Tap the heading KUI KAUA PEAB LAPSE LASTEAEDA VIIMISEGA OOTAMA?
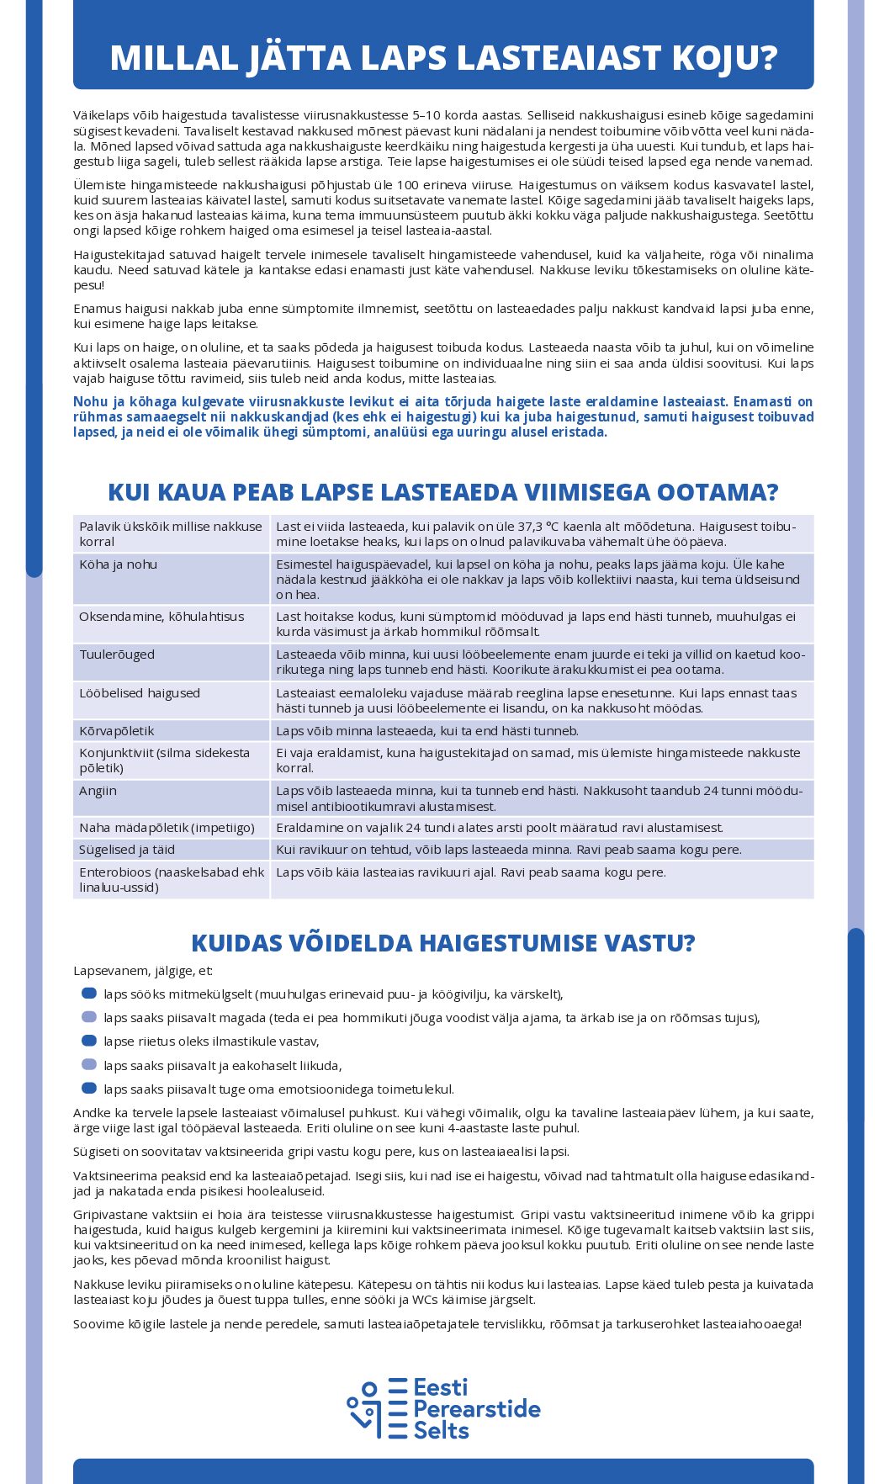(x=443, y=492)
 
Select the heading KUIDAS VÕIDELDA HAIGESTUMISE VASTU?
(x=443, y=943)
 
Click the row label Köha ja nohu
(x=119, y=564)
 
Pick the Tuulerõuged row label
(x=117, y=655)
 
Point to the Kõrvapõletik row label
(x=117, y=731)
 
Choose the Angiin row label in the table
(x=98, y=791)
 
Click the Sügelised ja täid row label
(x=127, y=850)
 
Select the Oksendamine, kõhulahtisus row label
(x=162, y=617)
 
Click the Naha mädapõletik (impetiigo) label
(x=167, y=828)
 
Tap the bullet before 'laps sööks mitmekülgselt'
(x=89, y=994)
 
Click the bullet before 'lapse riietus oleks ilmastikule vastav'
(x=89, y=1041)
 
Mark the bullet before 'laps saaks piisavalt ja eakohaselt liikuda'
(x=89, y=1065)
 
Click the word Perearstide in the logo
(x=477, y=1409)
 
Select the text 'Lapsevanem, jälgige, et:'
(x=143, y=971)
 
